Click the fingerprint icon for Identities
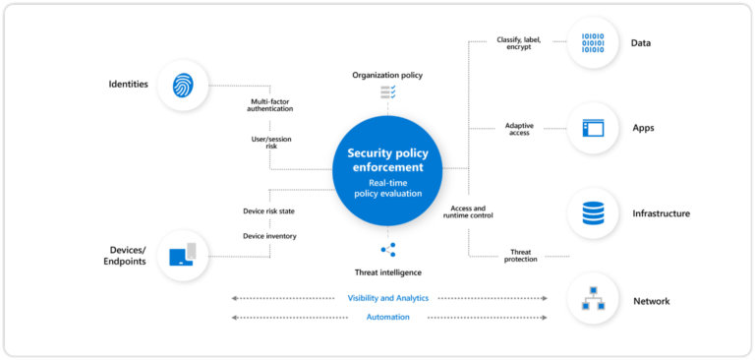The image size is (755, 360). tap(183, 86)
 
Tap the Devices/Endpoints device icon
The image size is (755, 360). tap(183, 256)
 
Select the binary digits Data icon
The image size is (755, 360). tap(593, 43)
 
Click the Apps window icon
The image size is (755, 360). tap(593, 128)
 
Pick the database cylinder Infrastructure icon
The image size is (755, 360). tap(593, 213)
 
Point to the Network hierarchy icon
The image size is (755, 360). tap(593, 300)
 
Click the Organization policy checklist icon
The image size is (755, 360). tap(387, 92)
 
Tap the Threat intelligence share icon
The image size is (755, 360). tap(387, 250)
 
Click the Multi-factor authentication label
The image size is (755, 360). tap(269, 104)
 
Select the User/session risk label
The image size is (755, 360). tap(269, 144)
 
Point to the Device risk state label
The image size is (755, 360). tap(269, 211)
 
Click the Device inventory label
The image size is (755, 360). tap(269, 235)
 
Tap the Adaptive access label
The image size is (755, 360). tap(519, 129)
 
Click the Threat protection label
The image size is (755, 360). tap(522, 256)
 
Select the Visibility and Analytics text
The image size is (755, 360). tap(387, 298)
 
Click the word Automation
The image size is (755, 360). tap(387, 317)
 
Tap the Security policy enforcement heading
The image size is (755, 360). tap(386, 160)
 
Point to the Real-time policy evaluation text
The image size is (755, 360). tap(386, 188)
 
